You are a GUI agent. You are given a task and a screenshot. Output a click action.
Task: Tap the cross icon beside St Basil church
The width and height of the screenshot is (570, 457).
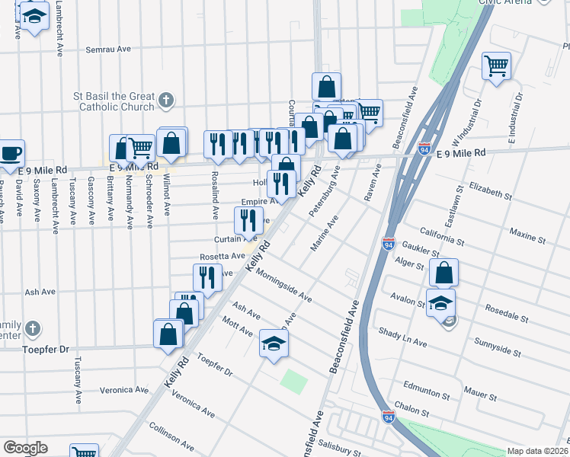pyautogui.click(x=165, y=100)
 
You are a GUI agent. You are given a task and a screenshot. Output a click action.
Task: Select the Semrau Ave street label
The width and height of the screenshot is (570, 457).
pyautogui.click(x=108, y=49)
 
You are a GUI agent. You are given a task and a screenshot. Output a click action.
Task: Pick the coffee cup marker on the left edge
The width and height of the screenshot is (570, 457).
pyautogui.click(x=11, y=153)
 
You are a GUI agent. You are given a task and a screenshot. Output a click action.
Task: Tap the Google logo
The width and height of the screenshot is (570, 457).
pyautogui.click(x=24, y=448)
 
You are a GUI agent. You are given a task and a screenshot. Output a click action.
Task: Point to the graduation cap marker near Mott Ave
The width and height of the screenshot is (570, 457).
pyautogui.click(x=274, y=343)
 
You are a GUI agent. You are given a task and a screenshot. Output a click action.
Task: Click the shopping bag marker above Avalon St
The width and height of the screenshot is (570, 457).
pyautogui.click(x=444, y=273)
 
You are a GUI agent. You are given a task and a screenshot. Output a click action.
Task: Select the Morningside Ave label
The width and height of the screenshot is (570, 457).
pyautogui.click(x=283, y=284)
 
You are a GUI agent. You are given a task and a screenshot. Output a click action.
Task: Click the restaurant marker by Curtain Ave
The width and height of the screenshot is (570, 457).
pyautogui.click(x=249, y=220)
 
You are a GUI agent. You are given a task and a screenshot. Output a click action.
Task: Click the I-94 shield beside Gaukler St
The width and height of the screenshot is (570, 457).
pyautogui.click(x=389, y=244)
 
